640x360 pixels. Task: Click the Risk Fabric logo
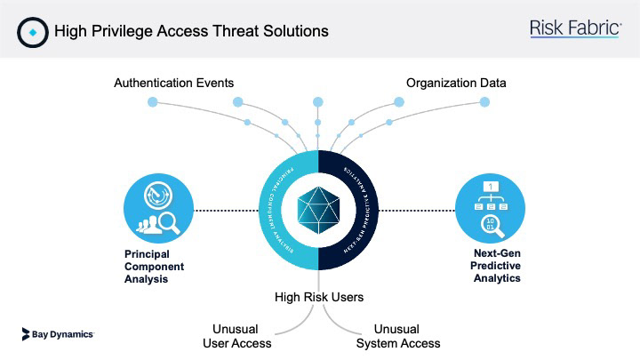tap(575, 28)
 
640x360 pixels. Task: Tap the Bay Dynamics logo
tap(58, 334)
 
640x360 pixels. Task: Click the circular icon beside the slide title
tap(32, 31)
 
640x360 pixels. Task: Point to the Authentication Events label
tap(173, 83)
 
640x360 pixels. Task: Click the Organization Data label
tap(456, 83)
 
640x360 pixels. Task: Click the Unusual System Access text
tap(397, 335)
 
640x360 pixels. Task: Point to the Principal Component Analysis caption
tap(148, 265)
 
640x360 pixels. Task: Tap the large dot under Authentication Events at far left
tap(152, 103)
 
